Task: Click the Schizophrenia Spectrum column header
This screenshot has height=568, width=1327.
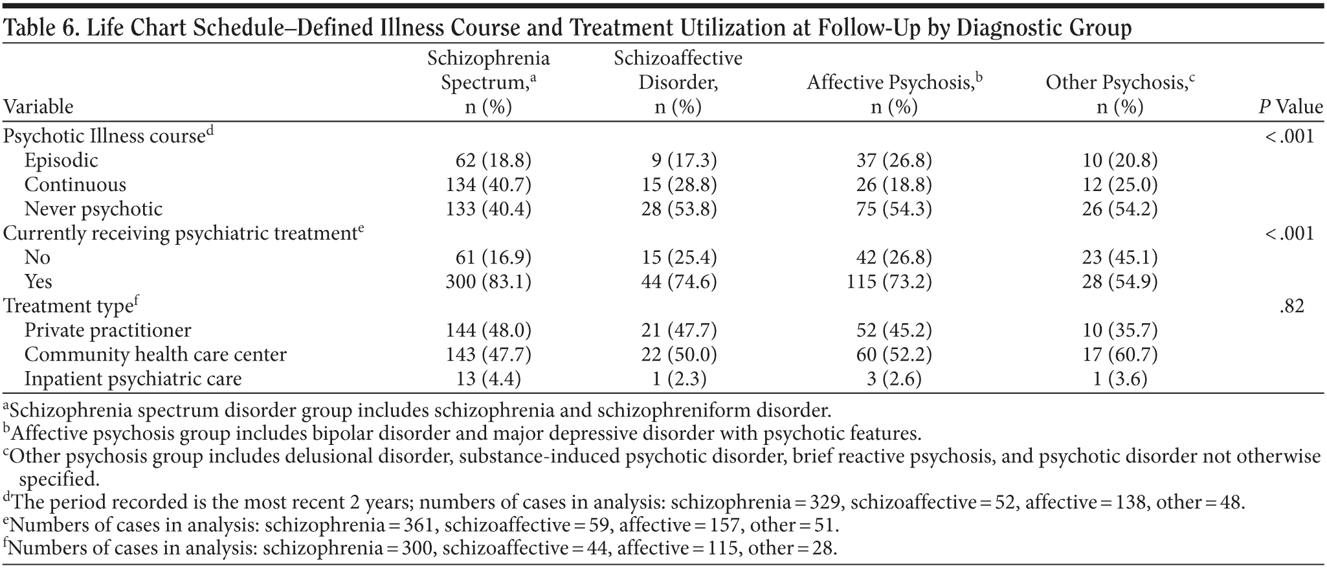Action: click(488, 82)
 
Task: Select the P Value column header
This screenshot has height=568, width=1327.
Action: click(1290, 106)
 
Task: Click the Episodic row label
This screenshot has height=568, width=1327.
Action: click(61, 160)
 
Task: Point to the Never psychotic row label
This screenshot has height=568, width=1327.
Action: click(93, 209)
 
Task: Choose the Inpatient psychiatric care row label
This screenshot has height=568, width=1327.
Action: click(133, 378)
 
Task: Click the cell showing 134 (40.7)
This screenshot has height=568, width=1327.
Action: click(488, 185)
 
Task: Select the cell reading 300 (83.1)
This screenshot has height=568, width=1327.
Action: click(488, 281)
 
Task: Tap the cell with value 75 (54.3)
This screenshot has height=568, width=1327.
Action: click(893, 209)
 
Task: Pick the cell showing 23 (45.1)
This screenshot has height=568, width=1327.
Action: click(1120, 257)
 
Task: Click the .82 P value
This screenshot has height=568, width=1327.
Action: click(1291, 306)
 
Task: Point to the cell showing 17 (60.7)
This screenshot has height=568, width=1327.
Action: click(1120, 354)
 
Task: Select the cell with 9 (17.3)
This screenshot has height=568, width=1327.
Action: click(684, 160)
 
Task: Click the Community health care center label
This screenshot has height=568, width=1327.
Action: click(155, 354)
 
